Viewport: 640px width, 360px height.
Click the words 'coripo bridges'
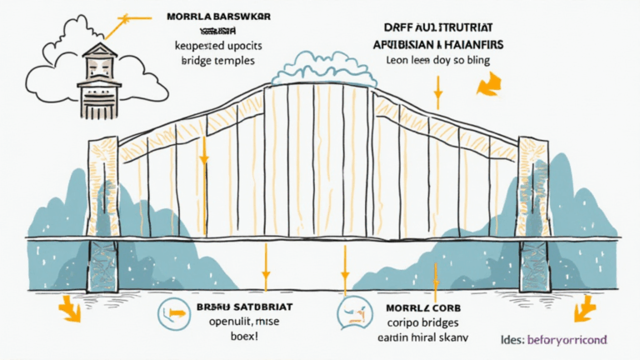click(423, 322)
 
